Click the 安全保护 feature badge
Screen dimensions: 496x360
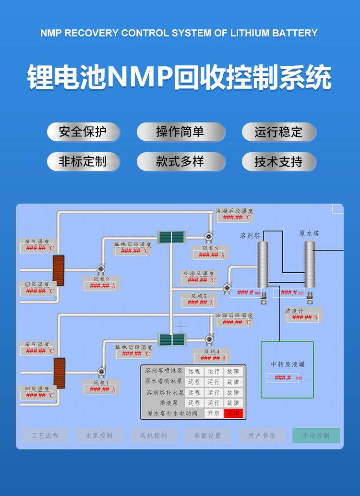(83, 132)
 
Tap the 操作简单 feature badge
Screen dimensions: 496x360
(180, 132)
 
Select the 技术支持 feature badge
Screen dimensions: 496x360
(278, 162)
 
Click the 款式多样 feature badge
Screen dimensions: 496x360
(180, 162)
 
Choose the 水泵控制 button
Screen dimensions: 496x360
(99, 436)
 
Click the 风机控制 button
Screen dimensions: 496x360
(154, 436)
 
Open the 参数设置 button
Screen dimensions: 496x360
(208, 436)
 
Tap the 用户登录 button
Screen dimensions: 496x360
(262, 436)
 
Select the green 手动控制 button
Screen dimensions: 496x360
(316, 436)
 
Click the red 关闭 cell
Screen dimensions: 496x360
(233, 413)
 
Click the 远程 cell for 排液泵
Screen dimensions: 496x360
(194, 403)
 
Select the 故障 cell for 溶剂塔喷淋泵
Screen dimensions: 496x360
(233, 371)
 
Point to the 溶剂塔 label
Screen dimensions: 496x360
(250, 235)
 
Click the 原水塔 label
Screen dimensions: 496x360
(309, 233)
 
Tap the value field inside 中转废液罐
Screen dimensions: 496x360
(283, 378)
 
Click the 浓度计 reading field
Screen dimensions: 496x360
(302, 317)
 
